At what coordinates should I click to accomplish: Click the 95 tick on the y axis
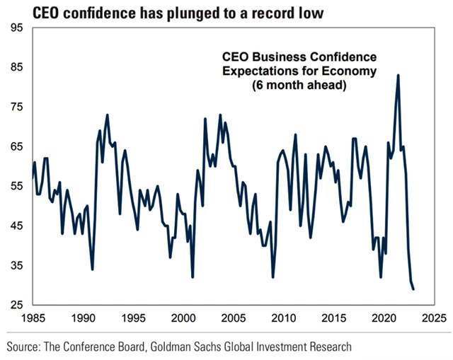[16, 28]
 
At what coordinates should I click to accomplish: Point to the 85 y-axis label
[16, 67]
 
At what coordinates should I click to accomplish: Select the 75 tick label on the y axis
[16, 107]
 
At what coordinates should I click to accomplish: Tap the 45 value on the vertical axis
[16, 226]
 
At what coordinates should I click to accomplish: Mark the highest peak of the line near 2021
[398, 75]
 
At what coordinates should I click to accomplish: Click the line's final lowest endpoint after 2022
[413, 289]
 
